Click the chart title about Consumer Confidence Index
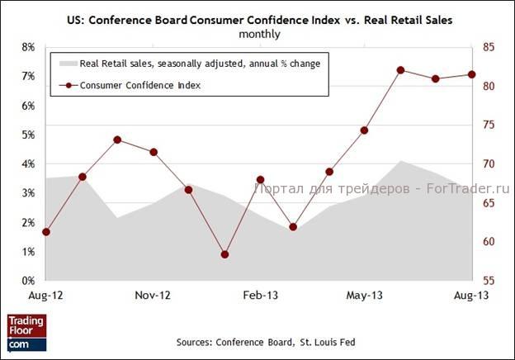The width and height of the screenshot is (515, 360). point(258,18)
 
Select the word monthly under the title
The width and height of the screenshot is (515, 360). point(258,34)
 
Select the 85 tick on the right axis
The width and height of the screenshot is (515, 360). point(489,48)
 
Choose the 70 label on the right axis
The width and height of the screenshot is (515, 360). point(489,164)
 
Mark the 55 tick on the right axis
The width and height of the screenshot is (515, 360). point(489,281)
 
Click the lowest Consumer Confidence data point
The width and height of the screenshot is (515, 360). point(224,254)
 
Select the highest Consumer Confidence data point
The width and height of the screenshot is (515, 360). point(400,70)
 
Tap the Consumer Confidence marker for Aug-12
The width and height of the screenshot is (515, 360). point(46,232)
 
